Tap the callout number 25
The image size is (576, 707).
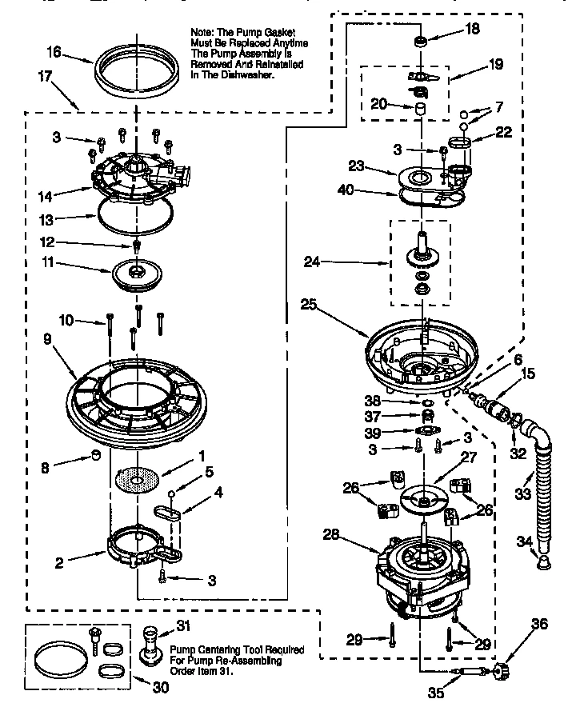[309, 304]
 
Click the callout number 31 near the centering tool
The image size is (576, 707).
[183, 626]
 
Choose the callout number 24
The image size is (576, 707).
[312, 260]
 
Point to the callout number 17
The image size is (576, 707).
[42, 77]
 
